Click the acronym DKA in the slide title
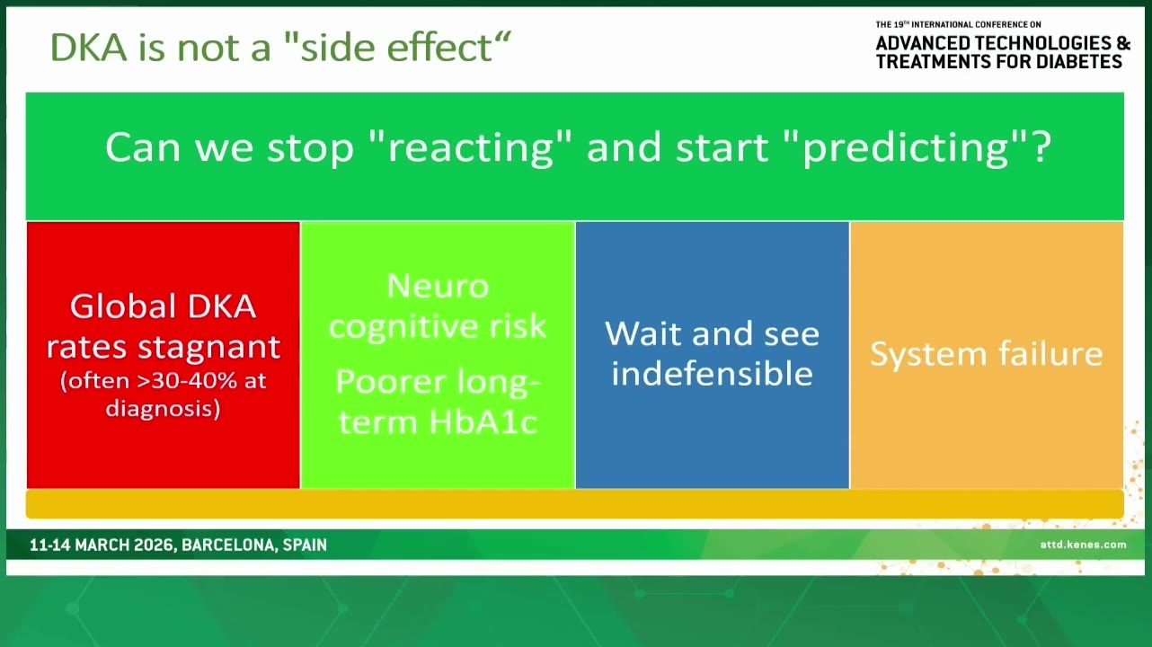coord(88,48)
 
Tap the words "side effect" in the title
coord(396,48)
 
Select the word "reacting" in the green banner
coord(471,148)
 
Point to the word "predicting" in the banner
coord(905,148)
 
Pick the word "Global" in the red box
coord(123,306)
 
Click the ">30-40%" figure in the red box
coord(187,381)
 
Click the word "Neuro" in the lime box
coord(438,287)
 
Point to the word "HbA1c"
coord(483,422)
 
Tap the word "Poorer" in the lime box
coord(390,382)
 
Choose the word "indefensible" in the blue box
coord(713,374)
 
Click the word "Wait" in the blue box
coord(644,333)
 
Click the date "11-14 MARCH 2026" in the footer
coord(102,545)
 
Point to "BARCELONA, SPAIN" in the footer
coord(254,545)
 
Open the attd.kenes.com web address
coord(1083,545)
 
